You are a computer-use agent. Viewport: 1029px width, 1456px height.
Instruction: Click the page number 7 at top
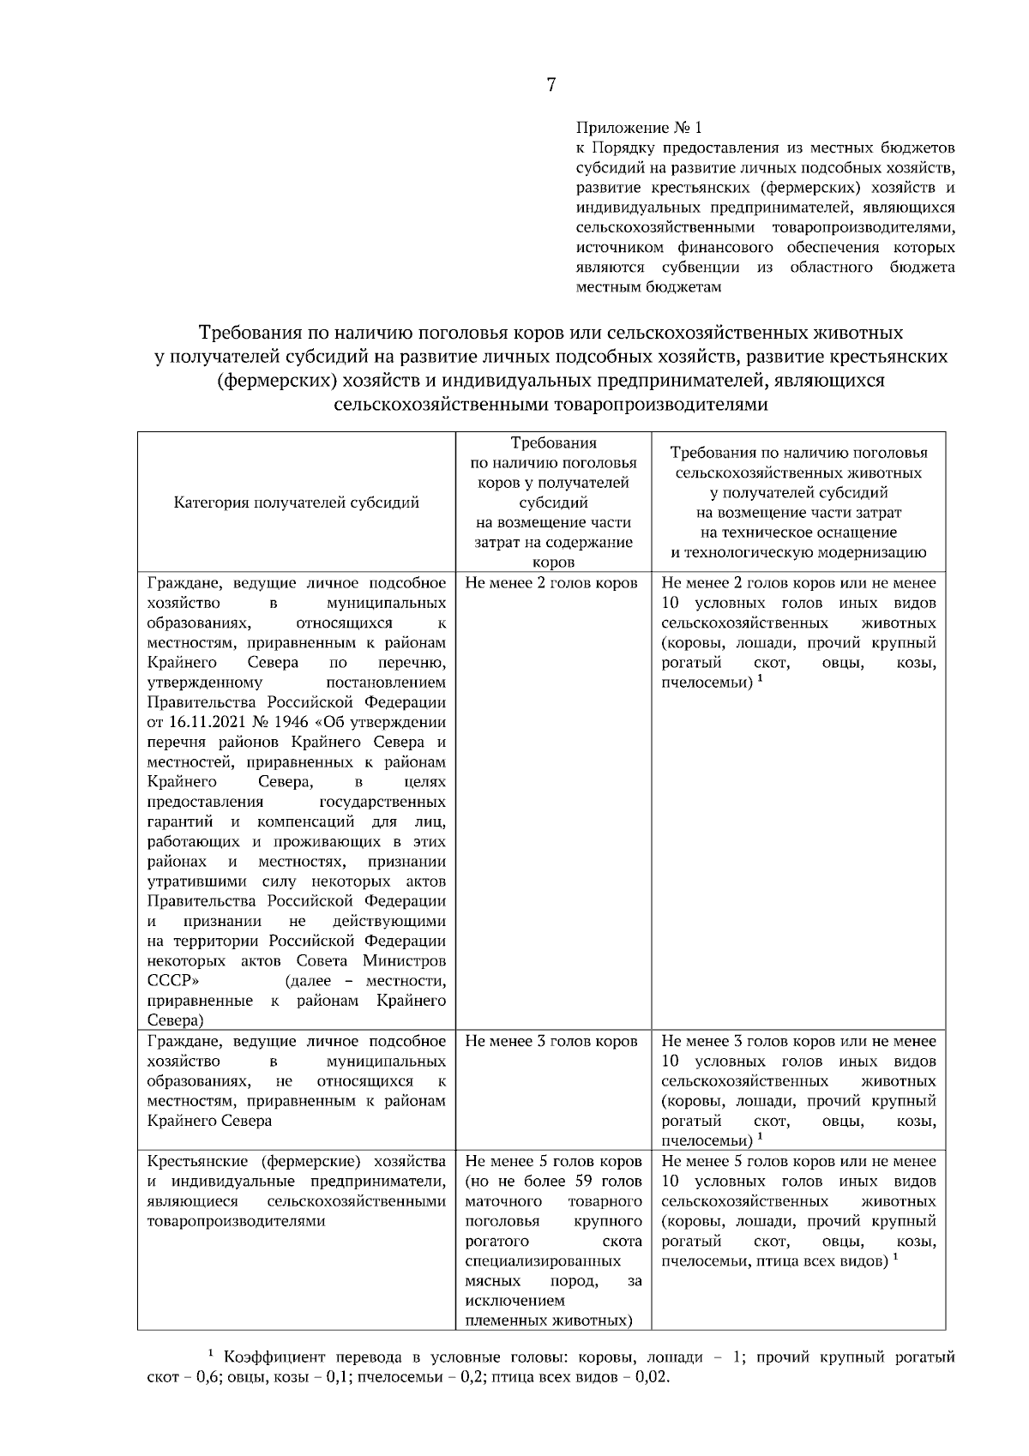pyautogui.click(x=551, y=84)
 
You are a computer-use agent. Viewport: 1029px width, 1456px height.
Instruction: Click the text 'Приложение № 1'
pyautogui.click(x=638, y=128)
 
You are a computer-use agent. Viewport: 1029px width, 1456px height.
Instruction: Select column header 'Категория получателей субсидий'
pyautogui.click(x=297, y=502)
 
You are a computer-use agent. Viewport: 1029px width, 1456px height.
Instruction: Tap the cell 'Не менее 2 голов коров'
pyautogui.click(x=551, y=583)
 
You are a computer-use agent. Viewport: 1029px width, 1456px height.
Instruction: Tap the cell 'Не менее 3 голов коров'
pyautogui.click(x=551, y=1041)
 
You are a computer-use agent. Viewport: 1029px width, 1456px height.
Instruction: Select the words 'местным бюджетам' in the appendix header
pyautogui.click(x=648, y=287)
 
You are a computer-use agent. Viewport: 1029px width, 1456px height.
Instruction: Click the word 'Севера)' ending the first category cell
pyautogui.click(x=176, y=1020)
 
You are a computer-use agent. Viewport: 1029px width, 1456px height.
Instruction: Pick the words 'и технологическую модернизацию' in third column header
pyautogui.click(x=798, y=552)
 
